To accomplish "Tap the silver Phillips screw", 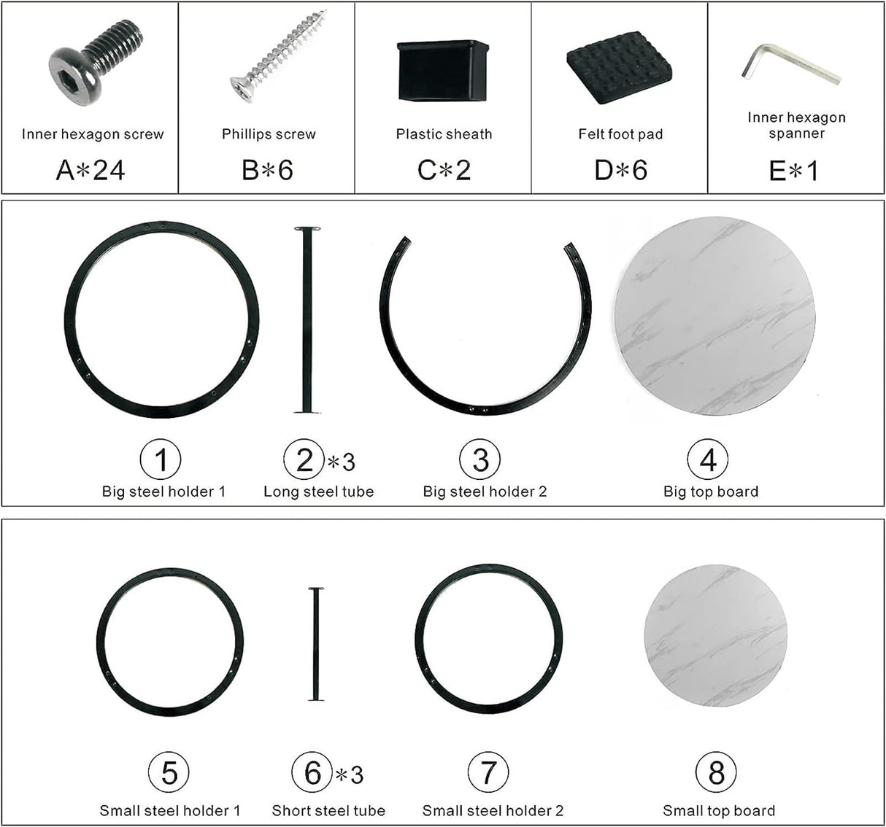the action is tap(278, 57).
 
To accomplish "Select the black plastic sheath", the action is tap(442, 71).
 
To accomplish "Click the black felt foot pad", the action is tap(619, 68).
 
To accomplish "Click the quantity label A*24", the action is tap(90, 171).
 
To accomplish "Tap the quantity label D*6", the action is tap(620, 171).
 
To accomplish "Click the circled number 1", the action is tap(161, 459).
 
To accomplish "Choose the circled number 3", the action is tap(480, 459).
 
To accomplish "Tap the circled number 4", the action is tap(708, 459).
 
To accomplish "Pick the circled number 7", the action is tap(488, 772).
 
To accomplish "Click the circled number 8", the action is tap(716, 772).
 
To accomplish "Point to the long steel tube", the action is tap(307, 320).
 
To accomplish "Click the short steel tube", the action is tap(316, 644).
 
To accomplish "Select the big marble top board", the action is tap(714, 316).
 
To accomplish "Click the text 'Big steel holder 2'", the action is tap(485, 492).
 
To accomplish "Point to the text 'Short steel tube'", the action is tap(328, 810).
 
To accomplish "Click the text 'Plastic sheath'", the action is tap(444, 133).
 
